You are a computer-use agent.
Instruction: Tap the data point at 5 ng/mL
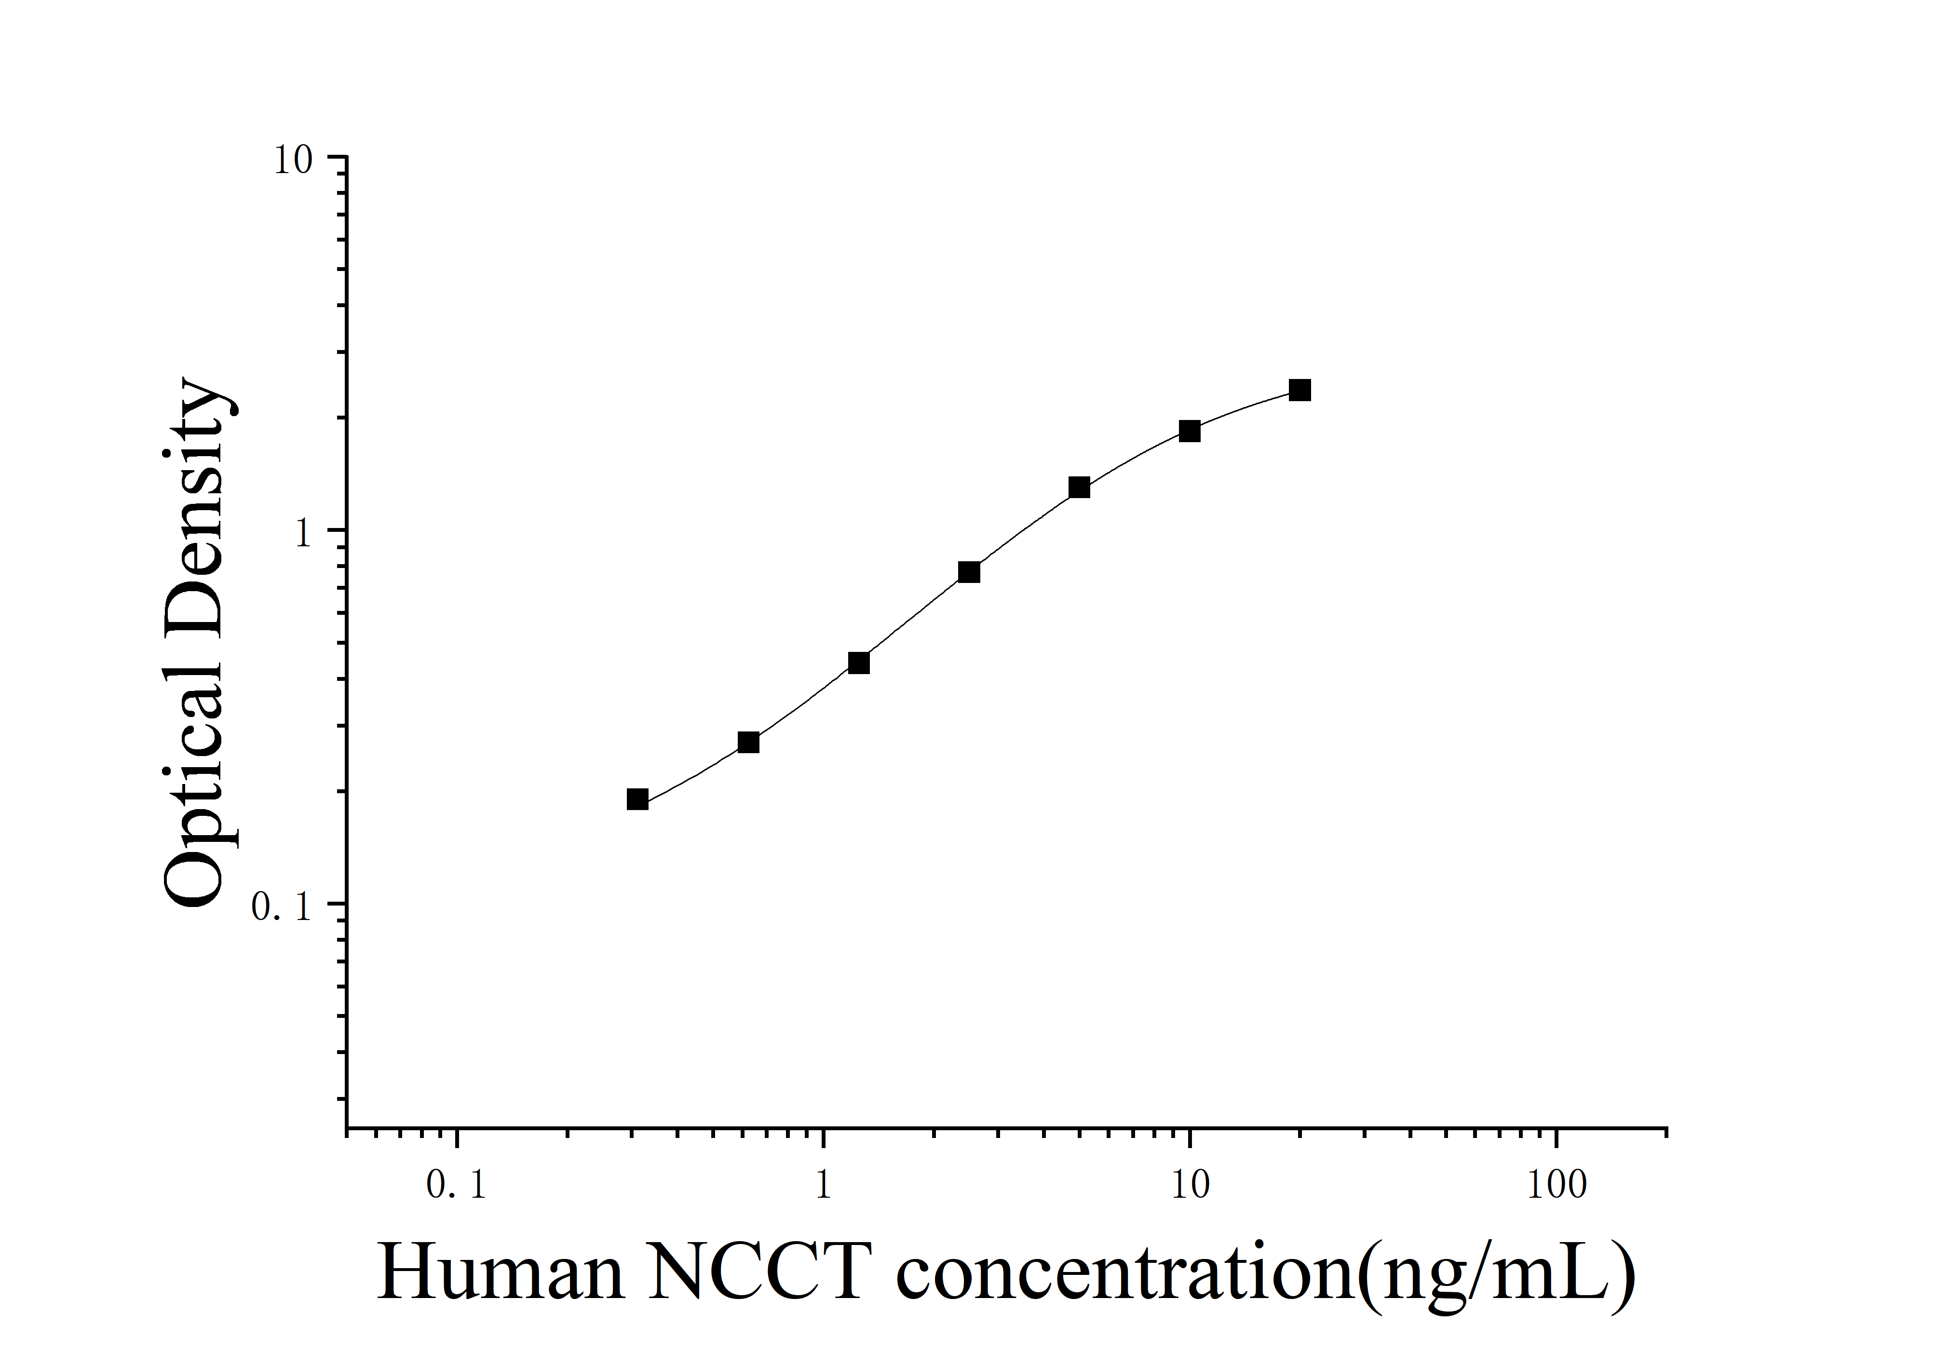coord(1079,487)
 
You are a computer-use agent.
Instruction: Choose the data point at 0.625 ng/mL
coord(748,743)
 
